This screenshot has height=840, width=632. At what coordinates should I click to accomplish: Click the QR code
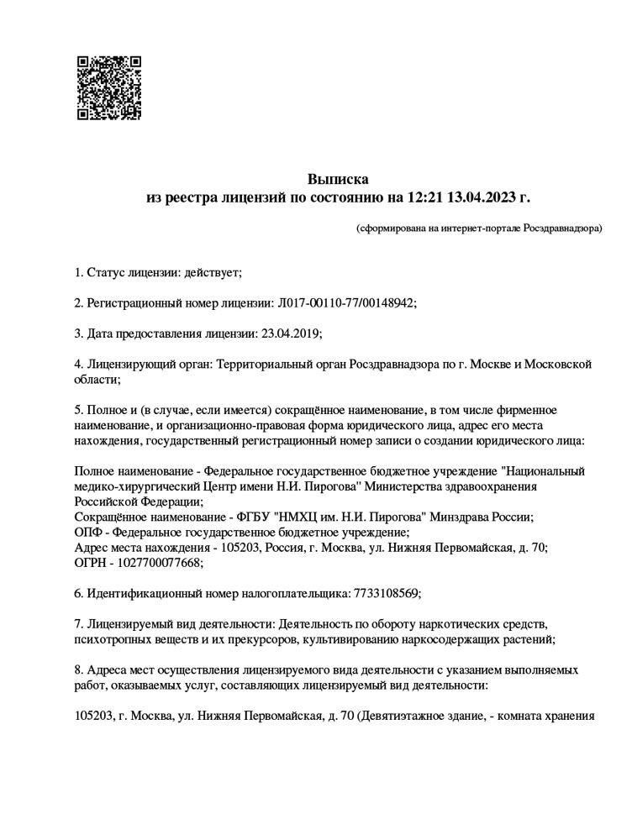click(109, 88)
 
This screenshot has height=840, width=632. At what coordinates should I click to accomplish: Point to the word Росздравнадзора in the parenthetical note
click(561, 228)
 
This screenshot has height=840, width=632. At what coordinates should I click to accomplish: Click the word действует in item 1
click(217, 273)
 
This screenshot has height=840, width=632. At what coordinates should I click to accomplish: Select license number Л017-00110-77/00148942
click(345, 303)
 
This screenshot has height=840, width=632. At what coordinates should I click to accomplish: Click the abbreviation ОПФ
click(87, 532)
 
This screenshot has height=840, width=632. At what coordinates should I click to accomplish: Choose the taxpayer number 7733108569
click(382, 593)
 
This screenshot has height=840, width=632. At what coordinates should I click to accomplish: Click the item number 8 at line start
click(79, 670)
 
